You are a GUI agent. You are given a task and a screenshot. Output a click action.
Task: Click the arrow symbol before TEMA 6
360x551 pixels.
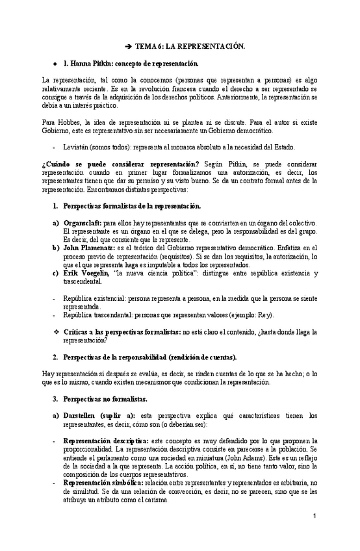pyautogui.click(x=128, y=46)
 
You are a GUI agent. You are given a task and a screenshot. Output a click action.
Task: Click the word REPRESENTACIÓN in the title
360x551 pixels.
pyautogui.click(x=207, y=46)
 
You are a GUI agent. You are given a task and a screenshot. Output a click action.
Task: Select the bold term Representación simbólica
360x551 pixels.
pyautogui.click(x=103, y=483)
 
